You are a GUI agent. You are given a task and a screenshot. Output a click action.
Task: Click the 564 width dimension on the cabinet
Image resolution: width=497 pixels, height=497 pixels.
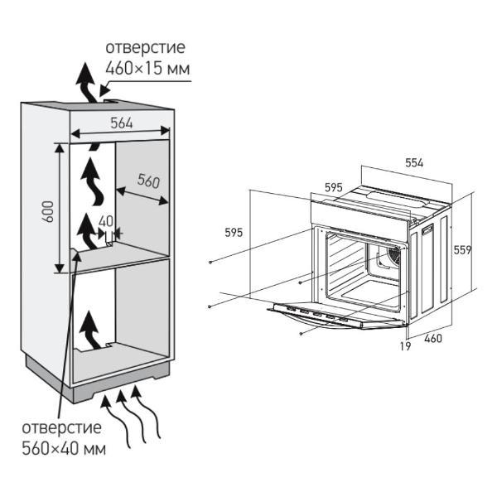point(122,123)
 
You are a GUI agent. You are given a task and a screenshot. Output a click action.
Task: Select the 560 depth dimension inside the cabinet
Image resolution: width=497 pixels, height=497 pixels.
point(148,181)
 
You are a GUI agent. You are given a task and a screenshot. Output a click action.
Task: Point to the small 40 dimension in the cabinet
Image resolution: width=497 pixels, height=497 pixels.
point(105,221)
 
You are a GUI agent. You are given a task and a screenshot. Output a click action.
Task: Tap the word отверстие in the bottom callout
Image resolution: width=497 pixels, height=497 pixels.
point(63,428)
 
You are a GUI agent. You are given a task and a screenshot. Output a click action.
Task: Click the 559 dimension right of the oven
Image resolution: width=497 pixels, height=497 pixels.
point(463,249)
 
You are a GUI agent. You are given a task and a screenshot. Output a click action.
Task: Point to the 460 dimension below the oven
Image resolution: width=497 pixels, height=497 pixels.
point(432,337)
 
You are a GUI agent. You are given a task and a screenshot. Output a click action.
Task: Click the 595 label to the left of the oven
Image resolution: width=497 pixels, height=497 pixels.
point(234,233)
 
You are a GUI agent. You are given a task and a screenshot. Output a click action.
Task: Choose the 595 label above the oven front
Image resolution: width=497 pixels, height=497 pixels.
point(333,188)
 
